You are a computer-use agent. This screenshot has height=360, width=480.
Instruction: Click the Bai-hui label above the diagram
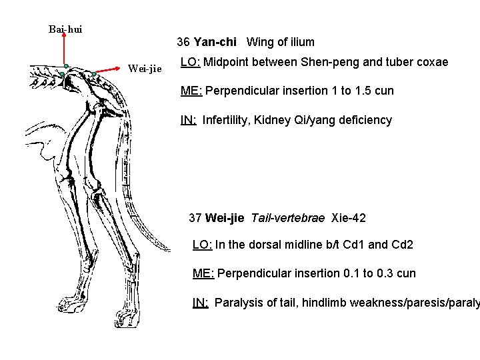coord(65,29)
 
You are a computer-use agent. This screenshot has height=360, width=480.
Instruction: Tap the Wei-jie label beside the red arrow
coord(144,68)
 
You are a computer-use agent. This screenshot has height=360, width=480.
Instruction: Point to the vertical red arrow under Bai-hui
coord(64,50)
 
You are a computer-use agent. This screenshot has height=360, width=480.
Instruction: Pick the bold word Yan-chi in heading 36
coord(215,42)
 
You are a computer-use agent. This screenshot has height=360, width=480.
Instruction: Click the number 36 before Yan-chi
coord(183,42)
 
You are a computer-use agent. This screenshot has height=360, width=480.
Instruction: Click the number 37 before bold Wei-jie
coord(195,217)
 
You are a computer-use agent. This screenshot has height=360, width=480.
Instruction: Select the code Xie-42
coord(349,217)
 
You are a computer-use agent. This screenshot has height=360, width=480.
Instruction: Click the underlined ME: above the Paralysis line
coord(203,273)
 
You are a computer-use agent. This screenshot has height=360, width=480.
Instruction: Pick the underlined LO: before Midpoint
coord(191,63)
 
